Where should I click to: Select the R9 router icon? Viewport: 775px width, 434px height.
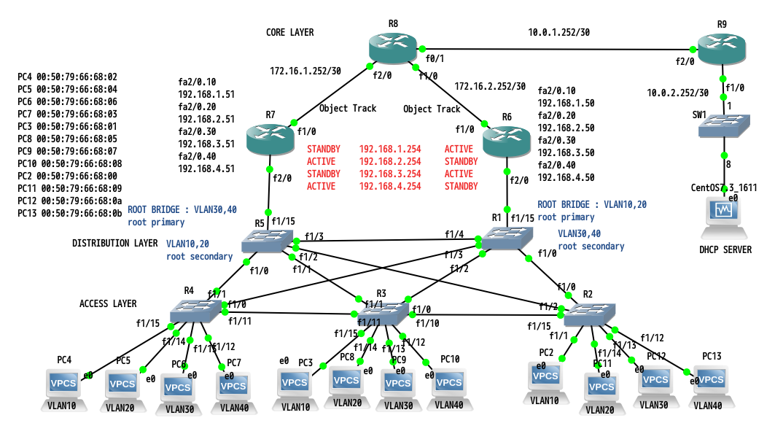click(721, 50)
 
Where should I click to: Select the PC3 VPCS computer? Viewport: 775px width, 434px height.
click(295, 383)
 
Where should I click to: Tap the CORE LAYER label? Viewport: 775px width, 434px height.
click(289, 33)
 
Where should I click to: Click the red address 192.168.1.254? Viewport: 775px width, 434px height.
click(390, 149)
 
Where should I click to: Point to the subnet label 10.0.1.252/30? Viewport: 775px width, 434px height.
click(559, 33)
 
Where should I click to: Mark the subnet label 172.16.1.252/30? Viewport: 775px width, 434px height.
click(305, 71)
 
